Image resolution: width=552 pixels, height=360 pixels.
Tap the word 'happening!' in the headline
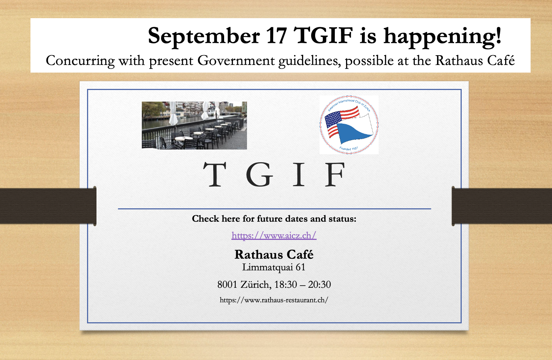click(x=442, y=37)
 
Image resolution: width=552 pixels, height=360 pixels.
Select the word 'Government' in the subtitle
click(x=236, y=60)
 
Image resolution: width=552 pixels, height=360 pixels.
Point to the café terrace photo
click(x=194, y=125)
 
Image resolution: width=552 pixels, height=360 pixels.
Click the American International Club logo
click(x=349, y=125)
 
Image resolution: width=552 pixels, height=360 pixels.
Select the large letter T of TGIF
click(x=214, y=174)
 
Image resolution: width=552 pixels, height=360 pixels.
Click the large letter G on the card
click(x=259, y=174)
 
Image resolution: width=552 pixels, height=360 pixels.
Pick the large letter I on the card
click(x=299, y=174)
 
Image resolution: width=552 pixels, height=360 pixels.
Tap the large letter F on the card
click(x=334, y=174)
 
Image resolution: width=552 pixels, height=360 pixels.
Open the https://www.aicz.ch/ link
click(x=274, y=236)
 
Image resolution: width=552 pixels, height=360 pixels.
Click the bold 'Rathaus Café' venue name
click(x=274, y=254)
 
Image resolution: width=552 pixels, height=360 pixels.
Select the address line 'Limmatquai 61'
click(x=274, y=267)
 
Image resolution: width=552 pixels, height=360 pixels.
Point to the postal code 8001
click(x=227, y=285)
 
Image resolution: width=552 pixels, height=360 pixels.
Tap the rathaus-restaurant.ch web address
click(x=274, y=300)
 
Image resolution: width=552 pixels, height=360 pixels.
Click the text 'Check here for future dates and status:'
click(x=274, y=219)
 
